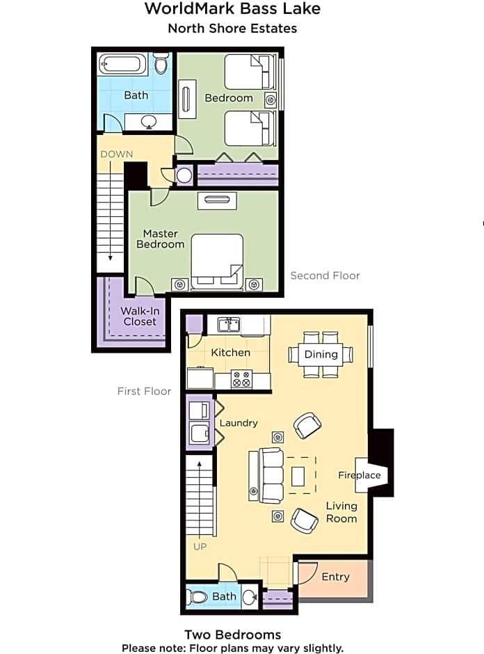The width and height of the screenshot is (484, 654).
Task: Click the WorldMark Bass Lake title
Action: (x=232, y=9)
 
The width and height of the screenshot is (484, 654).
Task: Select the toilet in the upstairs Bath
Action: (x=161, y=65)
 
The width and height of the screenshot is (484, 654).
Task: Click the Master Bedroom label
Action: (x=160, y=239)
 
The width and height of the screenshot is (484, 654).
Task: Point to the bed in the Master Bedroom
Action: (x=217, y=260)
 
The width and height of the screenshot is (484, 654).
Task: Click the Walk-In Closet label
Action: (x=140, y=316)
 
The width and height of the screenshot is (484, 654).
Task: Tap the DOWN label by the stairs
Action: (x=116, y=154)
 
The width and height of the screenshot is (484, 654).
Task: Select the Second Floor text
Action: (x=325, y=276)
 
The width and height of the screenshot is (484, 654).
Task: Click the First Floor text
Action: (x=144, y=391)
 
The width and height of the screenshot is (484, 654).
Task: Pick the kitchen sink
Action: (x=229, y=324)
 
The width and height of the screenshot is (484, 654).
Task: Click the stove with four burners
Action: (x=241, y=380)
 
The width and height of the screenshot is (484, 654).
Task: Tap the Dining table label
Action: (x=321, y=354)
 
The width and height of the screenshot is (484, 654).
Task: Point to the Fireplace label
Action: (x=360, y=475)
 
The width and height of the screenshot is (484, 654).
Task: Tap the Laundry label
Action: (x=239, y=422)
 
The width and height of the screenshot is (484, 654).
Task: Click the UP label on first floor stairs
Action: (x=200, y=546)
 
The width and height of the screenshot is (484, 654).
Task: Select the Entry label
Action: (x=335, y=577)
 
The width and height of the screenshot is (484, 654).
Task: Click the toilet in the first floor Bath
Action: (x=199, y=597)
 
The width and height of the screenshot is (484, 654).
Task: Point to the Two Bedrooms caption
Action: (x=232, y=635)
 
